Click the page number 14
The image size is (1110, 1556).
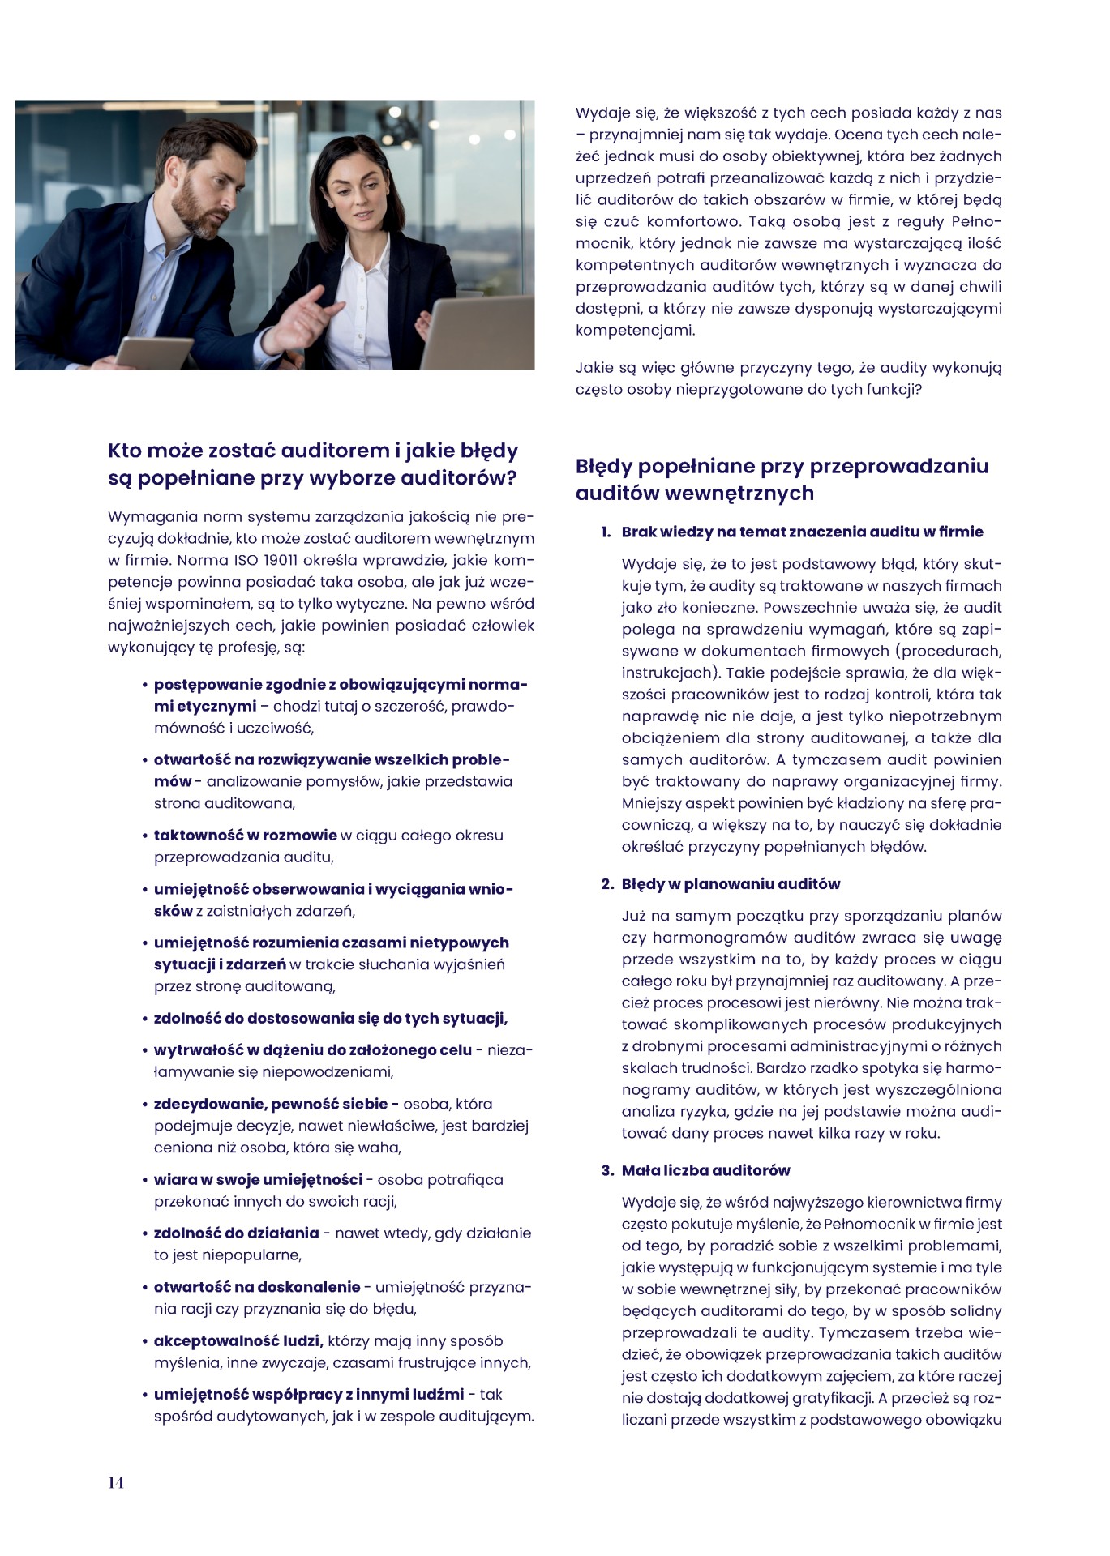point(116,1482)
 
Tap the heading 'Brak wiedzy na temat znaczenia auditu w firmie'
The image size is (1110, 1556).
point(802,532)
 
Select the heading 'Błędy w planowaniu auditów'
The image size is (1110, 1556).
point(731,884)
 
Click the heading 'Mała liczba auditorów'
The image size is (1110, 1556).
point(705,1170)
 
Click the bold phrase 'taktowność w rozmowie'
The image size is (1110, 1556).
point(245,836)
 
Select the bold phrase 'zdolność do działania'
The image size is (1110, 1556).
point(236,1233)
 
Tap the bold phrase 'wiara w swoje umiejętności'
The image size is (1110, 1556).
point(258,1180)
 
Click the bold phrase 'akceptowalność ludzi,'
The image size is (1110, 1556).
point(238,1341)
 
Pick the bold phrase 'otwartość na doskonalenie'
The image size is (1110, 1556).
point(256,1287)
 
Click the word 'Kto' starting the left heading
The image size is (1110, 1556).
point(124,451)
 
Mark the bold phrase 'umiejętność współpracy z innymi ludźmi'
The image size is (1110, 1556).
point(309,1395)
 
